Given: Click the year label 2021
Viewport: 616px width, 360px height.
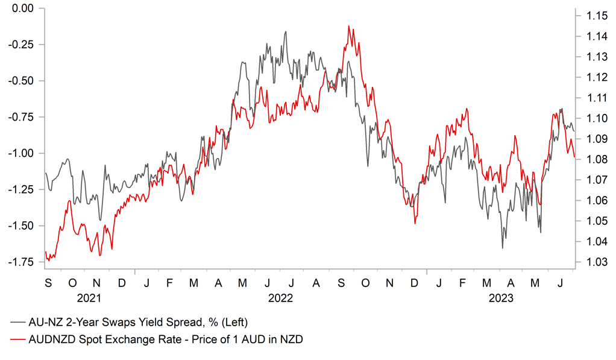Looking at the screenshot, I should [89, 298].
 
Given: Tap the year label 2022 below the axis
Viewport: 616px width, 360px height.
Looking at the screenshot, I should [280, 298].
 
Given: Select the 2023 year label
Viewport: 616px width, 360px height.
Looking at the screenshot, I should [500, 298].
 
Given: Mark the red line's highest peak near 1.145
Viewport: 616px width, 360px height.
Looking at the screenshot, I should [350, 26].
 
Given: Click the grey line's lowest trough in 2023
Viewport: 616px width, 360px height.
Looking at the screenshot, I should [503, 248].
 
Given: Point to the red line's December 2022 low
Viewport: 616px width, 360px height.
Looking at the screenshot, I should [415, 224].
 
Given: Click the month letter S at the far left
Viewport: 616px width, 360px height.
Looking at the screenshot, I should [48, 282].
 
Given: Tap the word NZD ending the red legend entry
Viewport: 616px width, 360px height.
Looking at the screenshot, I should [291, 339].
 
